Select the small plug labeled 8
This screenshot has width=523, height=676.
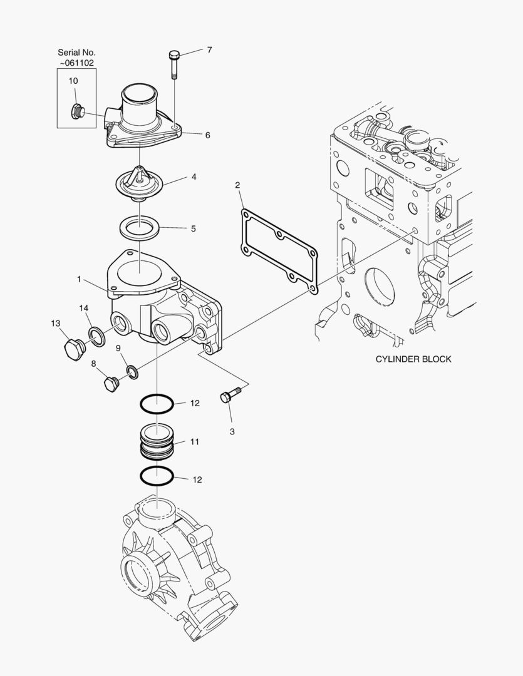coord(112,384)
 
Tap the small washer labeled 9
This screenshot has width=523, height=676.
coord(132,372)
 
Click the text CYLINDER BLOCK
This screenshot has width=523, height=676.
coord(413,359)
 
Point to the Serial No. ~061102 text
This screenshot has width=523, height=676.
coord(76,58)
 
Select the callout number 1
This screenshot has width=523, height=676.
coord(79,279)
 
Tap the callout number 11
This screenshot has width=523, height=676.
coord(194,441)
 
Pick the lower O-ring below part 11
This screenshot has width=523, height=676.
coord(156,476)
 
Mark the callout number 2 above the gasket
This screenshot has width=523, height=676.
coord(237,185)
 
